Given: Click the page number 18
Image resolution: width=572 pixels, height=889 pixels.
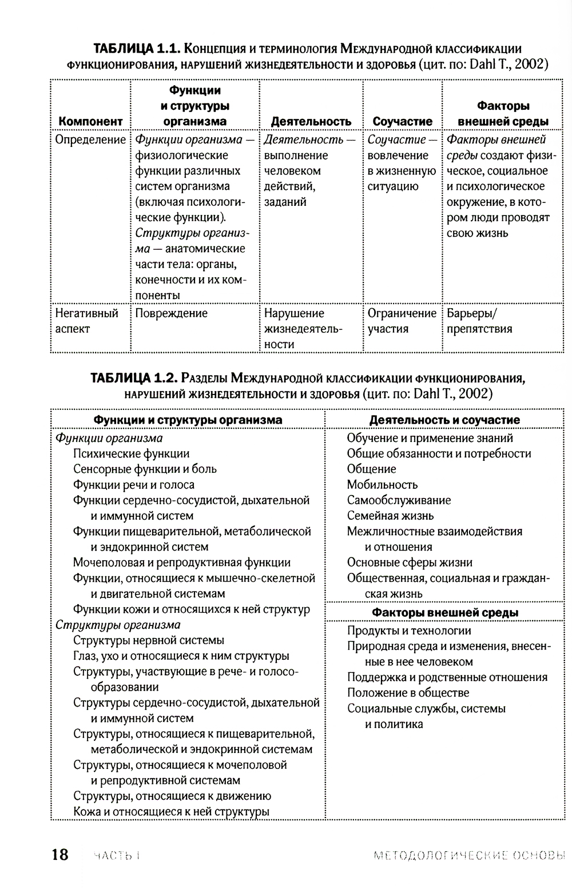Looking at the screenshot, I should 60,855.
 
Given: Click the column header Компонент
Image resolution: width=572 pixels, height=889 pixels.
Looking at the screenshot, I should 90,122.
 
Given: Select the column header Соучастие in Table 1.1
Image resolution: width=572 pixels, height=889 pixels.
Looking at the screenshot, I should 402,122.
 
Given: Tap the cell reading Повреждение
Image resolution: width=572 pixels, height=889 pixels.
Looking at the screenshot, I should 172,313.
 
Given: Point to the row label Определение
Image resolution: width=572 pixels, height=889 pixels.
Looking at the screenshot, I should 90,139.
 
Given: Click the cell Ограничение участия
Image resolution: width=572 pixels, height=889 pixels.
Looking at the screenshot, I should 402,321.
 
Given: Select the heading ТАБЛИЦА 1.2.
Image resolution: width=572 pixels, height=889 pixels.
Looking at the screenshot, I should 135,378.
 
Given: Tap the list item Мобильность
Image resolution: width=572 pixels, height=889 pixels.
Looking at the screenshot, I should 382,485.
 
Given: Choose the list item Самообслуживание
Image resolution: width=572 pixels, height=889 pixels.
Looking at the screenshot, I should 399,500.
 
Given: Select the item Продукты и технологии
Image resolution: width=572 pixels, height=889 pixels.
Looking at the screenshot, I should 409,631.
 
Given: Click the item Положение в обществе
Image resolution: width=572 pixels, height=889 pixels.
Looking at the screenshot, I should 408,693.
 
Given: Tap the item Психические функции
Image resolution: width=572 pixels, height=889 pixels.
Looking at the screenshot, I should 131,454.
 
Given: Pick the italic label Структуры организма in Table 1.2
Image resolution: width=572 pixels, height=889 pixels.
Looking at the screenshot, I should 118,625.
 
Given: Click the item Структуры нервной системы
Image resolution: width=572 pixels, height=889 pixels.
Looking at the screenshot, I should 149,640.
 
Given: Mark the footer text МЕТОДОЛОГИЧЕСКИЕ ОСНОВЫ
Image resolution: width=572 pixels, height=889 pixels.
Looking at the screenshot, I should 468,856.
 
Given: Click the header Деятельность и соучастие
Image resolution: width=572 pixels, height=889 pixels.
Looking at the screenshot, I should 444,420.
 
